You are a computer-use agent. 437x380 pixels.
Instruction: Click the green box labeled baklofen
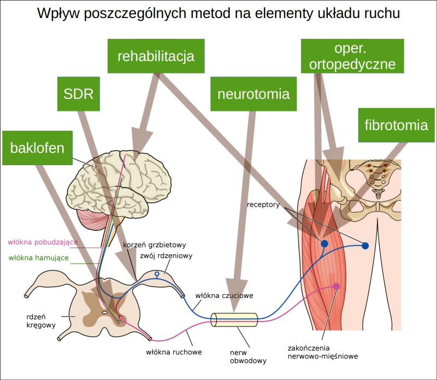tap(37, 148)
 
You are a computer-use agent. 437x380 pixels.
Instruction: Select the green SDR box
tap(79, 93)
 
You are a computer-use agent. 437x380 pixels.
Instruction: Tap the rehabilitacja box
tap(156, 56)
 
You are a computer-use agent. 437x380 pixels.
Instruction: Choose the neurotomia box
tap(253, 93)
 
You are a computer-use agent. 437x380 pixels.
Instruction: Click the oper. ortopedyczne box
tap(352, 56)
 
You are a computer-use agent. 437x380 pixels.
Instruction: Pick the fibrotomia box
tap(396, 125)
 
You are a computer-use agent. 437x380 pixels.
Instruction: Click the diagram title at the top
tap(218, 13)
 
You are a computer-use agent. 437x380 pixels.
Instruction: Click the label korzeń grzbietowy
tap(155, 244)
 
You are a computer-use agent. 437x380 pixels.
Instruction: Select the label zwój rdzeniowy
tap(164, 255)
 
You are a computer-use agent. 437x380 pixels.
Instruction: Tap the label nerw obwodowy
tap(247, 356)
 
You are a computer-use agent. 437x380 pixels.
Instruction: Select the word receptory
tap(263, 206)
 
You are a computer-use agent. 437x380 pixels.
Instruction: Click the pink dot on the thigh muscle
tap(336, 286)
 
